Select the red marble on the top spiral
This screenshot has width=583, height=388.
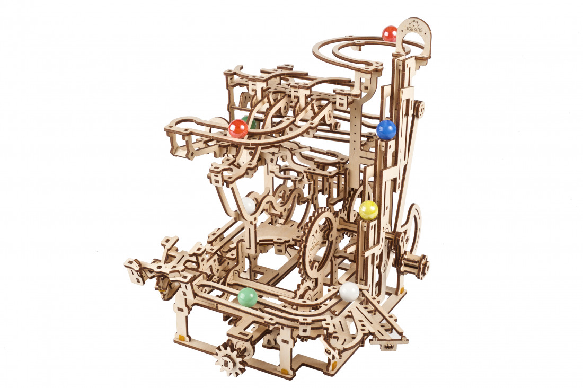click(390, 34)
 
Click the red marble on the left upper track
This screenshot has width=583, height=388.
click(237, 128)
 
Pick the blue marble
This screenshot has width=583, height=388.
click(386, 129)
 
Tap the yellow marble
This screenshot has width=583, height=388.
click(368, 210)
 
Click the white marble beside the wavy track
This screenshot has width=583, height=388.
click(249, 206)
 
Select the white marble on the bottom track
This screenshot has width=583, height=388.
click(349, 292)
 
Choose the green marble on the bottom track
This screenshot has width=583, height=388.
click(248, 297)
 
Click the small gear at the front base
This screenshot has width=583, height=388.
click(230, 359)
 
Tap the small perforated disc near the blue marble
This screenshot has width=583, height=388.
click(419, 110)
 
